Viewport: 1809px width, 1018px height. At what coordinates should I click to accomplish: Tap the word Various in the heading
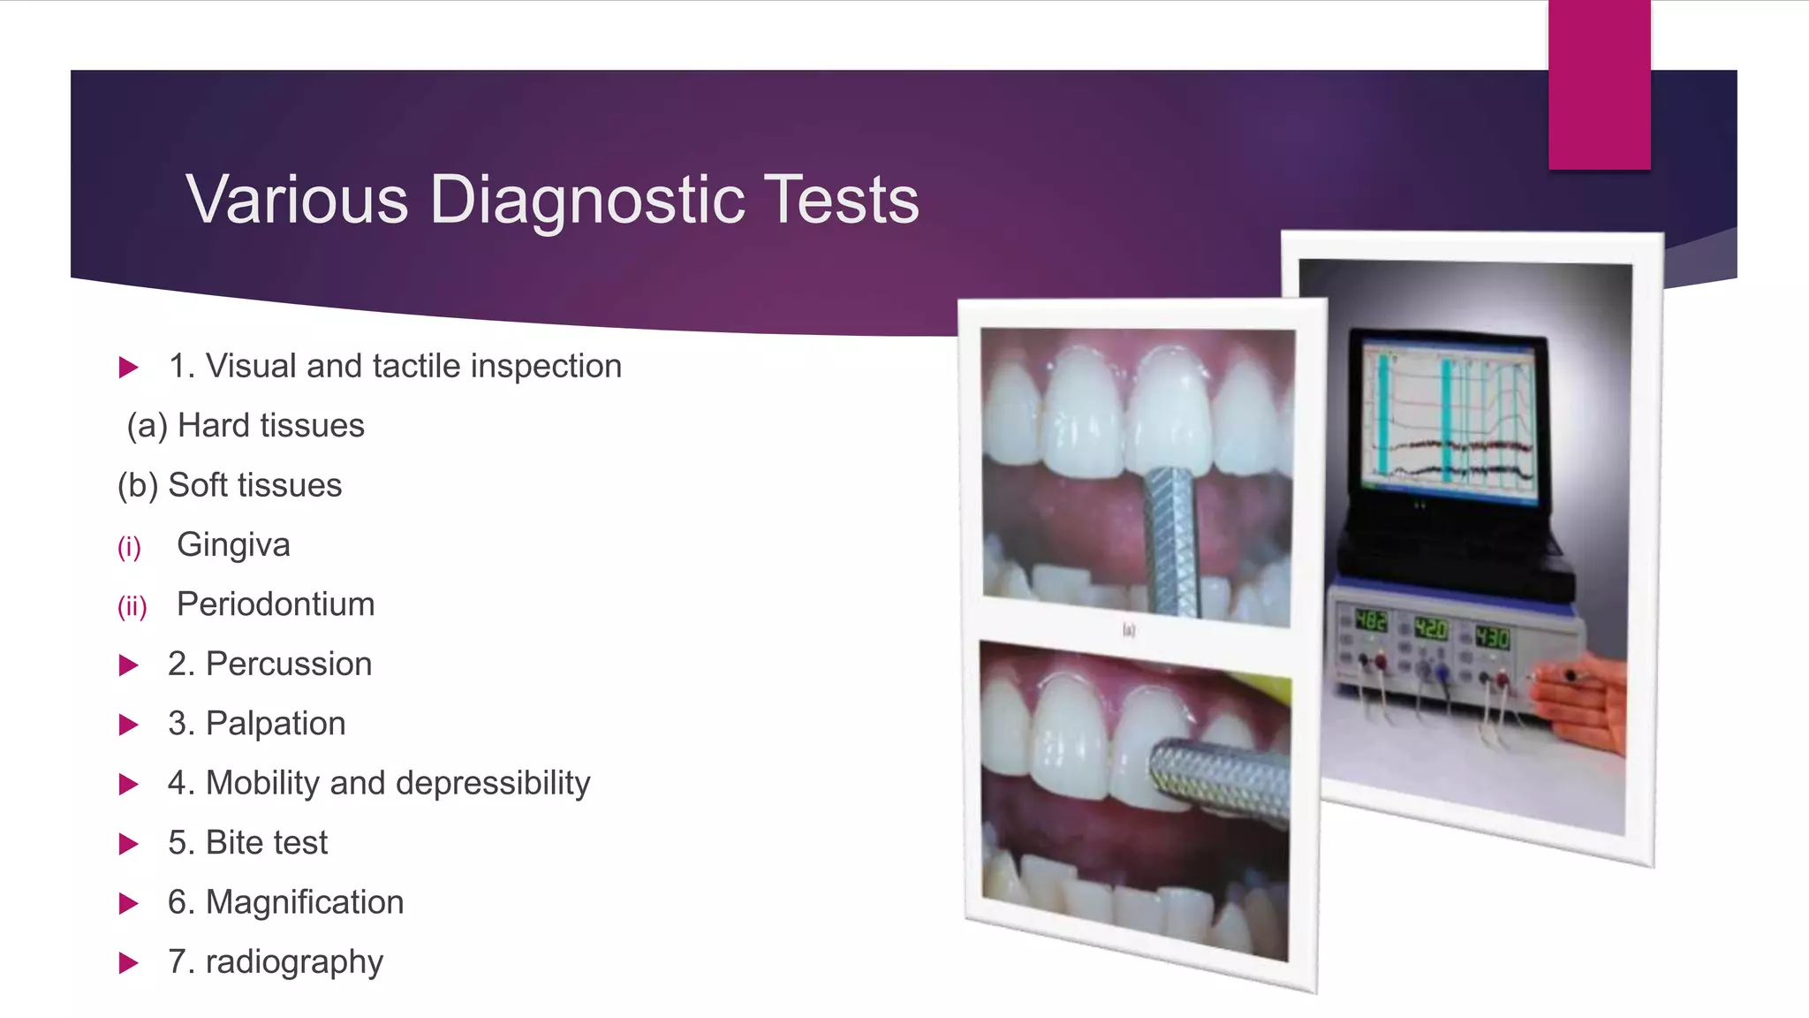297,201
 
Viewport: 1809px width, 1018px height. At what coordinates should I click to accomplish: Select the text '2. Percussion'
269,664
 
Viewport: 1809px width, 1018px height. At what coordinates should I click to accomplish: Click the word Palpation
275,724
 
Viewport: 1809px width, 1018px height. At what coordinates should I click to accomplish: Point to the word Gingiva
233,545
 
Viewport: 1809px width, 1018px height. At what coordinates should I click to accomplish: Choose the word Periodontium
276,604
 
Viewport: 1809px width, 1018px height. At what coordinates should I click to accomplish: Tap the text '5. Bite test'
247,843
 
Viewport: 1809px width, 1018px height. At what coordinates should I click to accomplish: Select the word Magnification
304,902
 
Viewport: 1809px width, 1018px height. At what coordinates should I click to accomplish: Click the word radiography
294,962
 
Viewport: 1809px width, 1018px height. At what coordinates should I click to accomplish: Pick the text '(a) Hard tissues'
246,426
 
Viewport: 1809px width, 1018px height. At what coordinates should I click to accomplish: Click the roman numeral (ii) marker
132,607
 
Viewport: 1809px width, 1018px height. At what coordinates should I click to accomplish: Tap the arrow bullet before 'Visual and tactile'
129,368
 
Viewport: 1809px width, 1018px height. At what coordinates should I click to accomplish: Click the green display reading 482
1371,621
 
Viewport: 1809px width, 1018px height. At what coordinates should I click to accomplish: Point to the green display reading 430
1492,636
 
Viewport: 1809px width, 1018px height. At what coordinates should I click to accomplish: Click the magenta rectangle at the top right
1599,84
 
